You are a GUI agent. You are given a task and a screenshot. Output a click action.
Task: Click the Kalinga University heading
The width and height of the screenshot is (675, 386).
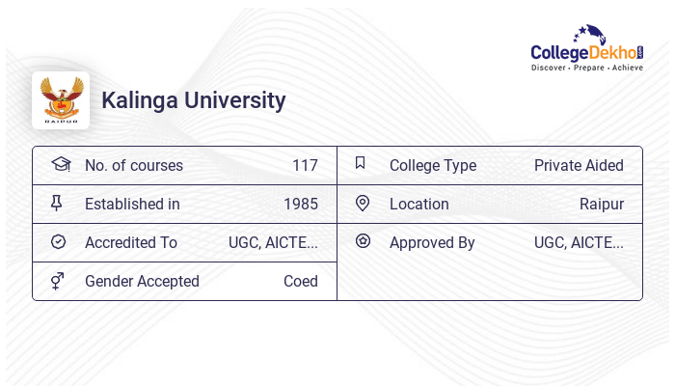click(x=194, y=100)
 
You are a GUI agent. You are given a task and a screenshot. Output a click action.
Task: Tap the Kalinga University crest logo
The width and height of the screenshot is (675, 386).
click(x=61, y=100)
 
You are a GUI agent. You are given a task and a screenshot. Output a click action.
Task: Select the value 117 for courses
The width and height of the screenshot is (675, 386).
click(x=305, y=166)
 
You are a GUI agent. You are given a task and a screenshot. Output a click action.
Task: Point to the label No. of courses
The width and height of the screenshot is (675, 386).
click(x=133, y=166)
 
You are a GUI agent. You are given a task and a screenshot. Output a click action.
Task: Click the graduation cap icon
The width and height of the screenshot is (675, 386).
click(x=61, y=164)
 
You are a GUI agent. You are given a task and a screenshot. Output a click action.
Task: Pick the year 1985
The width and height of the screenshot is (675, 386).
click(x=300, y=205)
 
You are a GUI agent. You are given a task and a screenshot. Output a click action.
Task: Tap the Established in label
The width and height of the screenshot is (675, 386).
click(x=132, y=205)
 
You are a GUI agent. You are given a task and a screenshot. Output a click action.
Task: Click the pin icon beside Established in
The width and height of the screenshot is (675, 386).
click(x=58, y=204)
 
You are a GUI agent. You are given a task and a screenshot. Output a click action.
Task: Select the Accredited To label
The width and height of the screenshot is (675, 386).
click(x=131, y=243)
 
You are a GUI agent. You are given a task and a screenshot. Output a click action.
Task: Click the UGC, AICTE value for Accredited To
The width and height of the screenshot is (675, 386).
click(x=273, y=243)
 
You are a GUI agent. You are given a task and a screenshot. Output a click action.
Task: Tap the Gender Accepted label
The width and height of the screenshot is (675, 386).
click(x=142, y=282)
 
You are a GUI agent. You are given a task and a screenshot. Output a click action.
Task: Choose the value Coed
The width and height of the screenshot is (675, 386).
click(x=300, y=282)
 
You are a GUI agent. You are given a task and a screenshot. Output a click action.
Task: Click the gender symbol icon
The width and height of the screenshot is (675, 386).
click(x=58, y=281)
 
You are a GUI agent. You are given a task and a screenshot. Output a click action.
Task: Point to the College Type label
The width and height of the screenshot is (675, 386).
click(x=433, y=166)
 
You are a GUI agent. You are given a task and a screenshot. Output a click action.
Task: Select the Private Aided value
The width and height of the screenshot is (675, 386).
click(x=579, y=166)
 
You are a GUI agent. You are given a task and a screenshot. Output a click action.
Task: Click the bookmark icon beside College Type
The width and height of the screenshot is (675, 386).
click(x=361, y=163)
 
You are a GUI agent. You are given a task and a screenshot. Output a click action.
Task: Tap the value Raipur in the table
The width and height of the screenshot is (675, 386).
click(x=601, y=205)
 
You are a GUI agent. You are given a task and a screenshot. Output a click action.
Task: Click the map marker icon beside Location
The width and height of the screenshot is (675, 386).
click(x=363, y=204)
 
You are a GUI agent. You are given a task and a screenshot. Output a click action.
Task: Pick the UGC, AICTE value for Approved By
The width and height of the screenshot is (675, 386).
click(x=579, y=243)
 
